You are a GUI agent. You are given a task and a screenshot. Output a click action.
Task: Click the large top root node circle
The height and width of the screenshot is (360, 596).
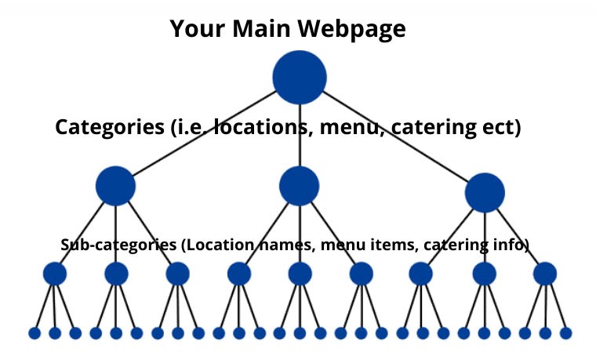(299, 77)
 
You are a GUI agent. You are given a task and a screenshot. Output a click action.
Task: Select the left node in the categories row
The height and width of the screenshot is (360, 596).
(115, 186)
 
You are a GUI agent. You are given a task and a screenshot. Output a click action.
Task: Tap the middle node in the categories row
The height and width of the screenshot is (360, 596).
(299, 186)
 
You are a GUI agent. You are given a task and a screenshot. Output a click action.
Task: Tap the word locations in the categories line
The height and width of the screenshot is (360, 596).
(260, 128)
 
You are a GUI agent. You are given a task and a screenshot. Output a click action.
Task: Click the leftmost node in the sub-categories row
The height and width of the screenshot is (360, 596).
(54, 274)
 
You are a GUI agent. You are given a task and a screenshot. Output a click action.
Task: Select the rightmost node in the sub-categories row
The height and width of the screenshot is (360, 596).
(544, 274)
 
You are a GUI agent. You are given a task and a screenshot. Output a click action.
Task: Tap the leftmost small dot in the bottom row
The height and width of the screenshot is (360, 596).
(35, 333)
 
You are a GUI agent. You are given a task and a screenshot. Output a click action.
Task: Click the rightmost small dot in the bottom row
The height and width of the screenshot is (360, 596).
(565, 333)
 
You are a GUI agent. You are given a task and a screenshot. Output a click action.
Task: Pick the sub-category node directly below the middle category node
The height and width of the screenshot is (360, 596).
(300, 274)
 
